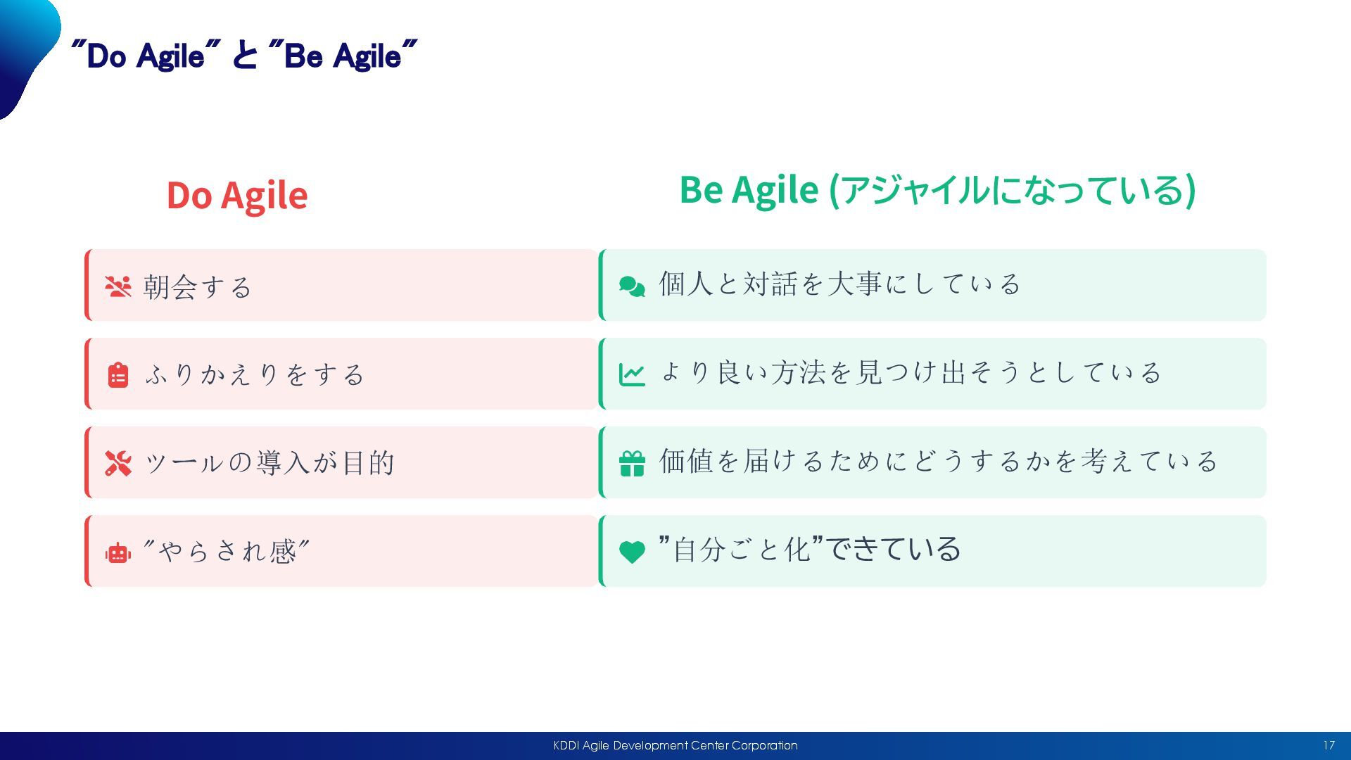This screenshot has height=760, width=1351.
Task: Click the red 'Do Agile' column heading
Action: click(237, 196)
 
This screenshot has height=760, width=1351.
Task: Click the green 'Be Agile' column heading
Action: click(937, 190)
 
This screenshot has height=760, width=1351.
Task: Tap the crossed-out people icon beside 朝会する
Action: click(118, 286)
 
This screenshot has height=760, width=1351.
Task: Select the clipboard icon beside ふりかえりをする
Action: click(118, 375)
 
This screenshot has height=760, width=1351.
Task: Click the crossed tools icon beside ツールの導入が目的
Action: click(118, 463)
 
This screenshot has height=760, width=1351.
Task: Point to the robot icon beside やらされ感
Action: click(118, 553)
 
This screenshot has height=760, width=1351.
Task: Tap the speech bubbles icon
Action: click(632, 286)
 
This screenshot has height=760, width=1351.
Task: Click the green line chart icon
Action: click(632, 374)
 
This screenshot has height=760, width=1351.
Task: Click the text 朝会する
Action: click(198, 287)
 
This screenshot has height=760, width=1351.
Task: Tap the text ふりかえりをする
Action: click(255, 374)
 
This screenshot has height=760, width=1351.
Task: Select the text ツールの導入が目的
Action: click(269, 463)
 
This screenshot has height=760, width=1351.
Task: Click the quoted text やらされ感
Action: click(226, 551)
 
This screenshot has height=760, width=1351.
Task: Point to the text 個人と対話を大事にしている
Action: click(839, 284)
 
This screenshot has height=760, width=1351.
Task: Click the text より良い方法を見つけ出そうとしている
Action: click(911, 372)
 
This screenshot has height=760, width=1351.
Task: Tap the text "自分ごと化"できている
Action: click(810, 549)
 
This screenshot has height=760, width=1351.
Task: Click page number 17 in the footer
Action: click(1328, 746)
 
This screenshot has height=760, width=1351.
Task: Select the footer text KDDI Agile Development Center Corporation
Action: click(675, 746)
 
